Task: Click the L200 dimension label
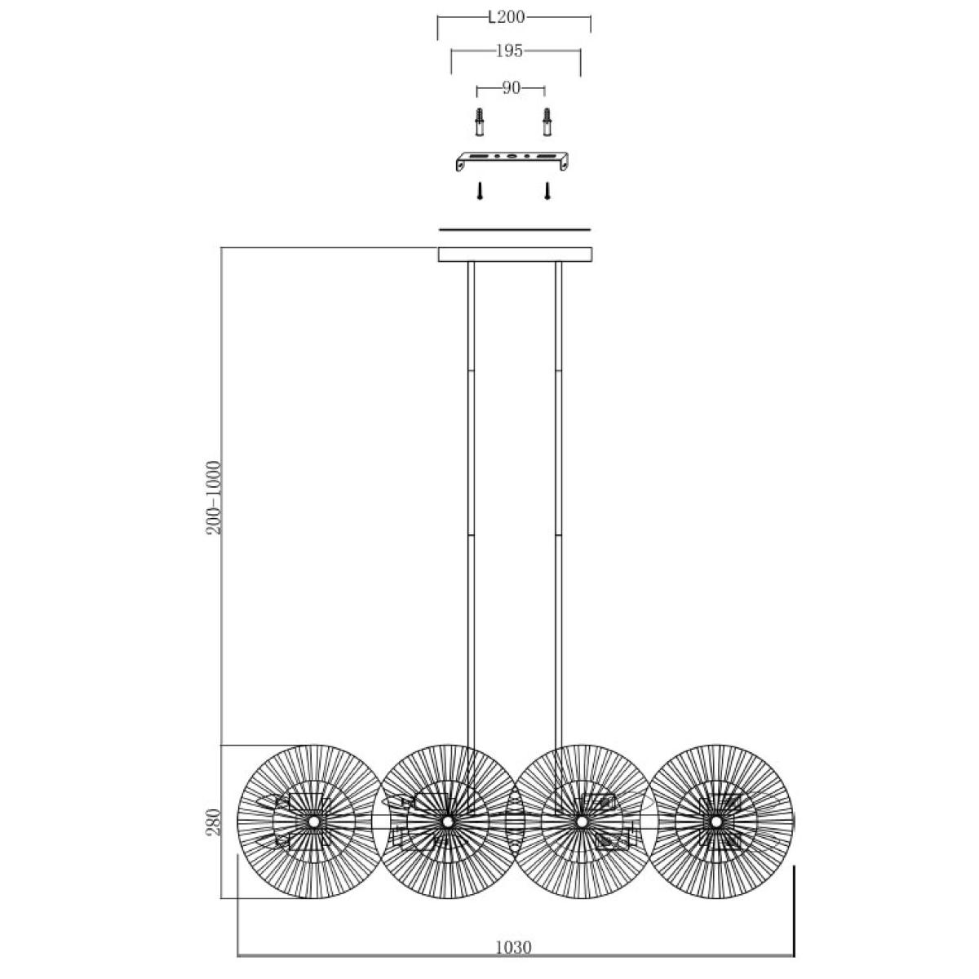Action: point(506,17)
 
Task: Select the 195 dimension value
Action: point(509,51)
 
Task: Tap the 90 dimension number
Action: point(511,88)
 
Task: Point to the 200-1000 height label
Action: point(214,498)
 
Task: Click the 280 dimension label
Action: point(214,822)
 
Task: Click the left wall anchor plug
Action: point(479,122)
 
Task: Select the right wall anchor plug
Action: point(547,122)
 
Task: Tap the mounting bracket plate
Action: point(512,161)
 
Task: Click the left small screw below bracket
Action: point(480,191)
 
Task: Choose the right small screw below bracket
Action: point(547,191)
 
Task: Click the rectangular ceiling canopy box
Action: point(515,255)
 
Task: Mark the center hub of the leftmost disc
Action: point(313,822)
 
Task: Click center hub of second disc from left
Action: point(447,822)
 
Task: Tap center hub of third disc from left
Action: point(582,822)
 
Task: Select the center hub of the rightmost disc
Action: point(715,822)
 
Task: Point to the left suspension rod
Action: point(471,508)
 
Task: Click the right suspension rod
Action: point(558,508)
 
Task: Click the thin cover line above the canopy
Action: point(515,229)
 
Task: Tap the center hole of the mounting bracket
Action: point(512,156)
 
